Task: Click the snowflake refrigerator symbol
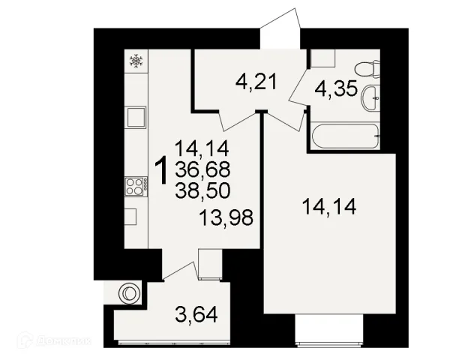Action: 136,61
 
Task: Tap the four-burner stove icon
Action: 136,187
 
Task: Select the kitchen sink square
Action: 136,117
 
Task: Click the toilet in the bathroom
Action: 367,69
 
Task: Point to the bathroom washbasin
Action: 370,98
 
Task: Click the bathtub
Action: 345,136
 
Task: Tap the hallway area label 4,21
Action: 256,82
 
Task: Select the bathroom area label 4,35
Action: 336,88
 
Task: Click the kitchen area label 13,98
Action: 226,217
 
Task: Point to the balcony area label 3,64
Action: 196,315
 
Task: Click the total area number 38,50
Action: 203,191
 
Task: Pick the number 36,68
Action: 203,169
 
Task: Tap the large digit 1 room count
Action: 161,170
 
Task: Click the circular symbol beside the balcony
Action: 130,293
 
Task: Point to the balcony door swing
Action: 181,271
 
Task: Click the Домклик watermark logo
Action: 55,340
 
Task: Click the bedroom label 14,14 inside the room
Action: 329,207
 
